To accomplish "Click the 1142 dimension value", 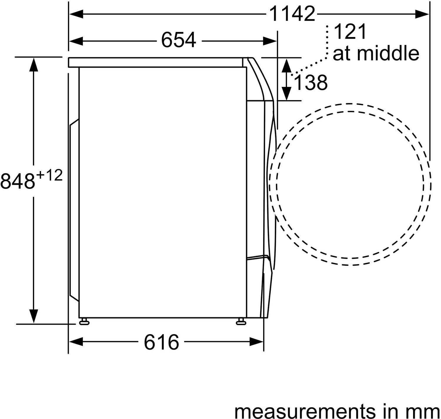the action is pyautogui.click(x=292, y=14).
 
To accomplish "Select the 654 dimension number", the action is pyautogui.click(x=178, y=40).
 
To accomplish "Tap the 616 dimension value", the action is pyautogui.click(x=161, y=342).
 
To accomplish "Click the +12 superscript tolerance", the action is pyautogui.click(x=50, y=175).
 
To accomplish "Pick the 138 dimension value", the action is pyautogui.click(x=311, y=83).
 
